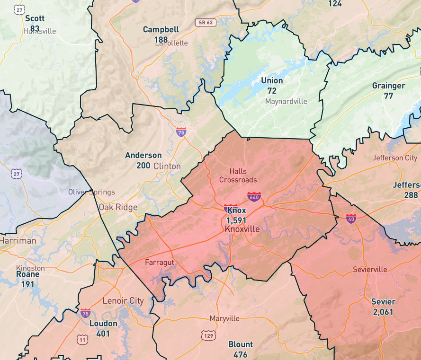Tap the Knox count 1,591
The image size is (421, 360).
236,220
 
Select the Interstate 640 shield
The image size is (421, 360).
254,196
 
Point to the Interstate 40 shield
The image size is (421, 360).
351,218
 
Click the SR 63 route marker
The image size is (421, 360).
206,22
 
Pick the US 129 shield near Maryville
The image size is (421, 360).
209,335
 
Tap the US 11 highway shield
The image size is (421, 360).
83,340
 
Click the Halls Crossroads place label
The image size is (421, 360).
238,176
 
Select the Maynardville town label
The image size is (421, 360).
286,101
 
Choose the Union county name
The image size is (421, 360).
272,80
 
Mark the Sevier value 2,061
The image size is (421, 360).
383,312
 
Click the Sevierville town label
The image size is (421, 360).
370,270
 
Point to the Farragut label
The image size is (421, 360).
160,262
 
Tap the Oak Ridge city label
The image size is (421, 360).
118,207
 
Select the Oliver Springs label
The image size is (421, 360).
91,192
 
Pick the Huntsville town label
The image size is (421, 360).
40,31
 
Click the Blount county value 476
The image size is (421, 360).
241,354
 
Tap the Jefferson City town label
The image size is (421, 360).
395,158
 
